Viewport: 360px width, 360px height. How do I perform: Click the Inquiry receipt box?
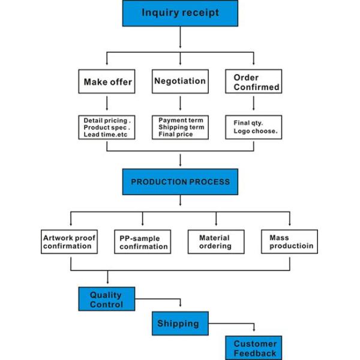pos(180,13)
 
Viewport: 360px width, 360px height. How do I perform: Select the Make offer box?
pos(107,81)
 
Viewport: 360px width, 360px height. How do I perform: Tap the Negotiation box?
pos(179,81)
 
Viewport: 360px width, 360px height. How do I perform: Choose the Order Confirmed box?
pos(254,82)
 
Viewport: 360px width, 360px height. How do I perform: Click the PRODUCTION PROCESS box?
pos(180,181)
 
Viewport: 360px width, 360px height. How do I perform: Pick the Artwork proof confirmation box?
pos(69,242)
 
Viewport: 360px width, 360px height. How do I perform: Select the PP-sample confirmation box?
pos(143,242)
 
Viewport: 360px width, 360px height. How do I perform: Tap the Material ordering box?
pos(216,241)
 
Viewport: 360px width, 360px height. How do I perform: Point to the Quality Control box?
pos(106,299)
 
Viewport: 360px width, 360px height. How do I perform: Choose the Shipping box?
pos(179,323)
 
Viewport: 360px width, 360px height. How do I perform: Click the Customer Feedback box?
pos(254,348)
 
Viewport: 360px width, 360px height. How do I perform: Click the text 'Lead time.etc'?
pos(106,134)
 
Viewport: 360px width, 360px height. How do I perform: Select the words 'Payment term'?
pos(179,119)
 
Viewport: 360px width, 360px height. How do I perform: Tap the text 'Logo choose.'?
pos(255,131)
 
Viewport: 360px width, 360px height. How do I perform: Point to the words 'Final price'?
pos(176,134)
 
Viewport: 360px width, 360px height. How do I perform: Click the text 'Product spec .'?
pos(107,127)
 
